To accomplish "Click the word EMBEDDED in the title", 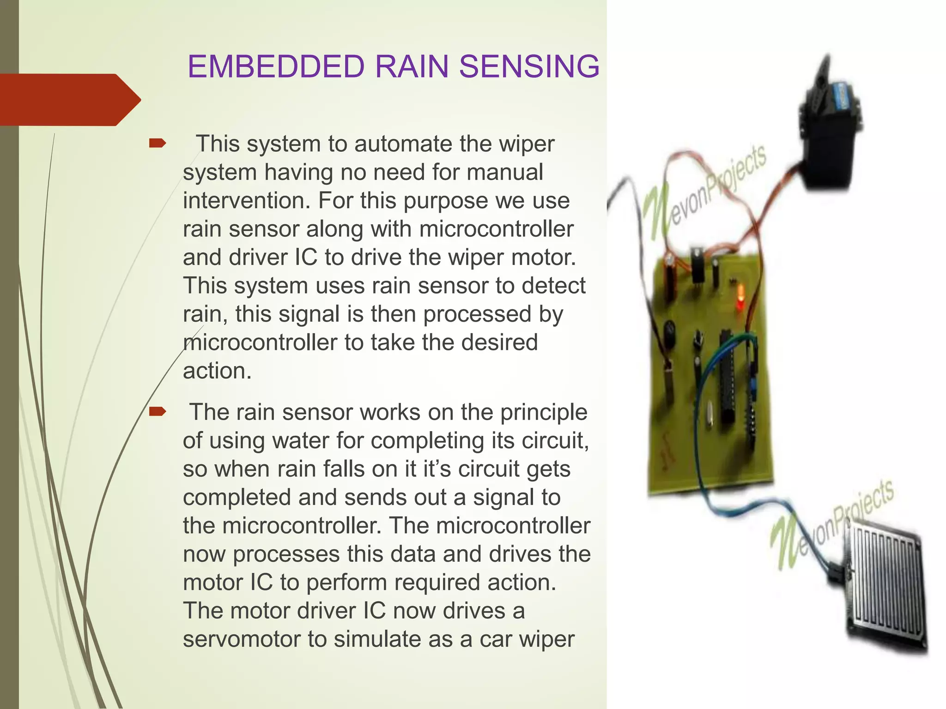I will [276, 66].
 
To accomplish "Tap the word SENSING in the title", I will [529, 66].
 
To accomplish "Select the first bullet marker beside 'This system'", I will [157, 144].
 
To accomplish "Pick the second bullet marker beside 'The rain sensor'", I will [157, 412].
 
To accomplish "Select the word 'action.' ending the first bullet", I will [217, 371].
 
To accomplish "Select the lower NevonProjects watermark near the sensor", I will [831, 526].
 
